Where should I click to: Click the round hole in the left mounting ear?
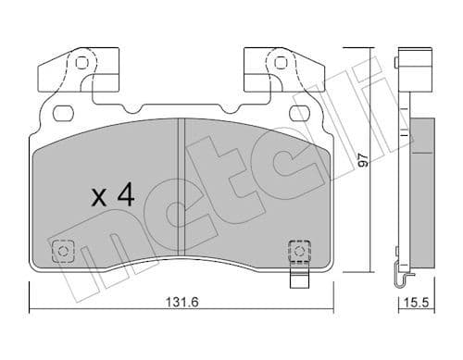tap(81, 65)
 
